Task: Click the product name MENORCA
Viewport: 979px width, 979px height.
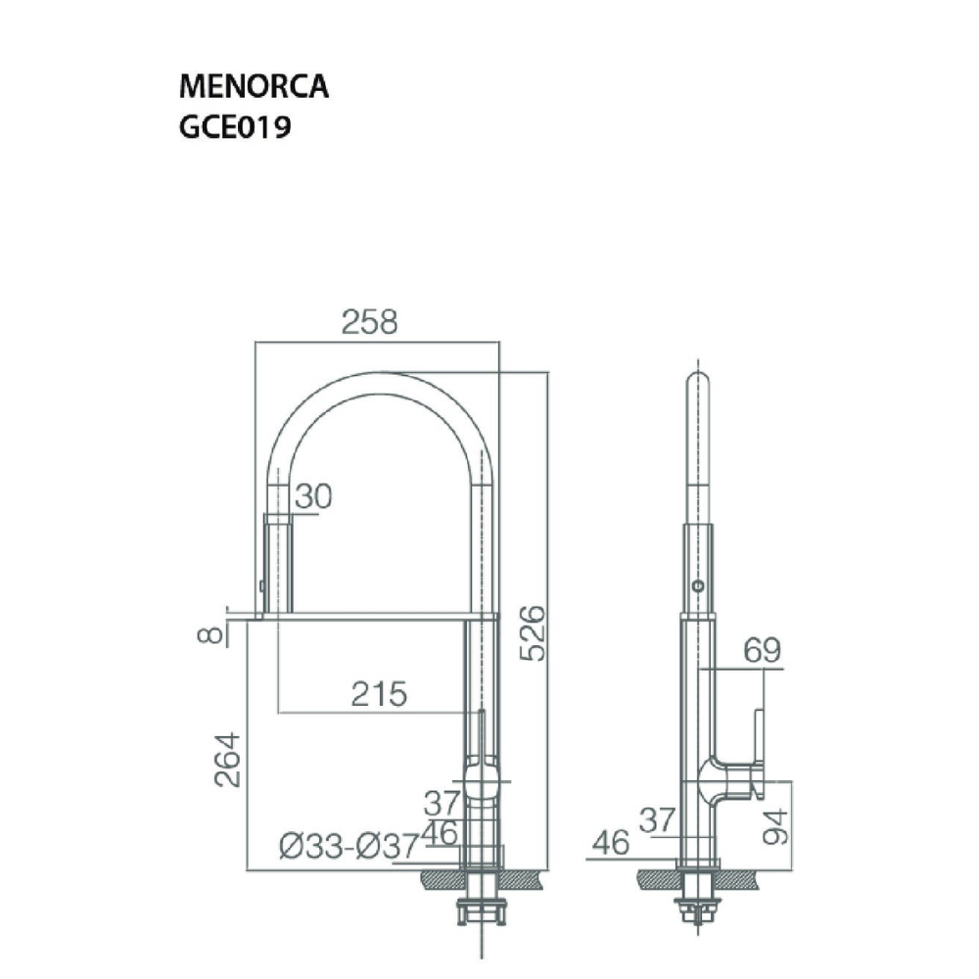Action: coord(254,87)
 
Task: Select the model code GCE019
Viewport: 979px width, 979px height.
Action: coord(233,129)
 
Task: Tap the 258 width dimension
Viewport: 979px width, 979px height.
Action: coord(370,323)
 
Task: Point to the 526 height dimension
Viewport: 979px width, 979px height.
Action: coord(533,632)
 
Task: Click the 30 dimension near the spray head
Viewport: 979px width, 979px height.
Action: coord(313,496)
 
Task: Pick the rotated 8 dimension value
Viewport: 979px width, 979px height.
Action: coord(210,634)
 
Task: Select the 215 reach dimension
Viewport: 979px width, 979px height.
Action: coord(379,694)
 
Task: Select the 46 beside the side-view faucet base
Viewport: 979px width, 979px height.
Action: coord(612,844)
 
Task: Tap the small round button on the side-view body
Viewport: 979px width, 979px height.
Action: coord(697,585)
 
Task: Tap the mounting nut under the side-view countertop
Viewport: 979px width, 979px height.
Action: coord(698,906)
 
